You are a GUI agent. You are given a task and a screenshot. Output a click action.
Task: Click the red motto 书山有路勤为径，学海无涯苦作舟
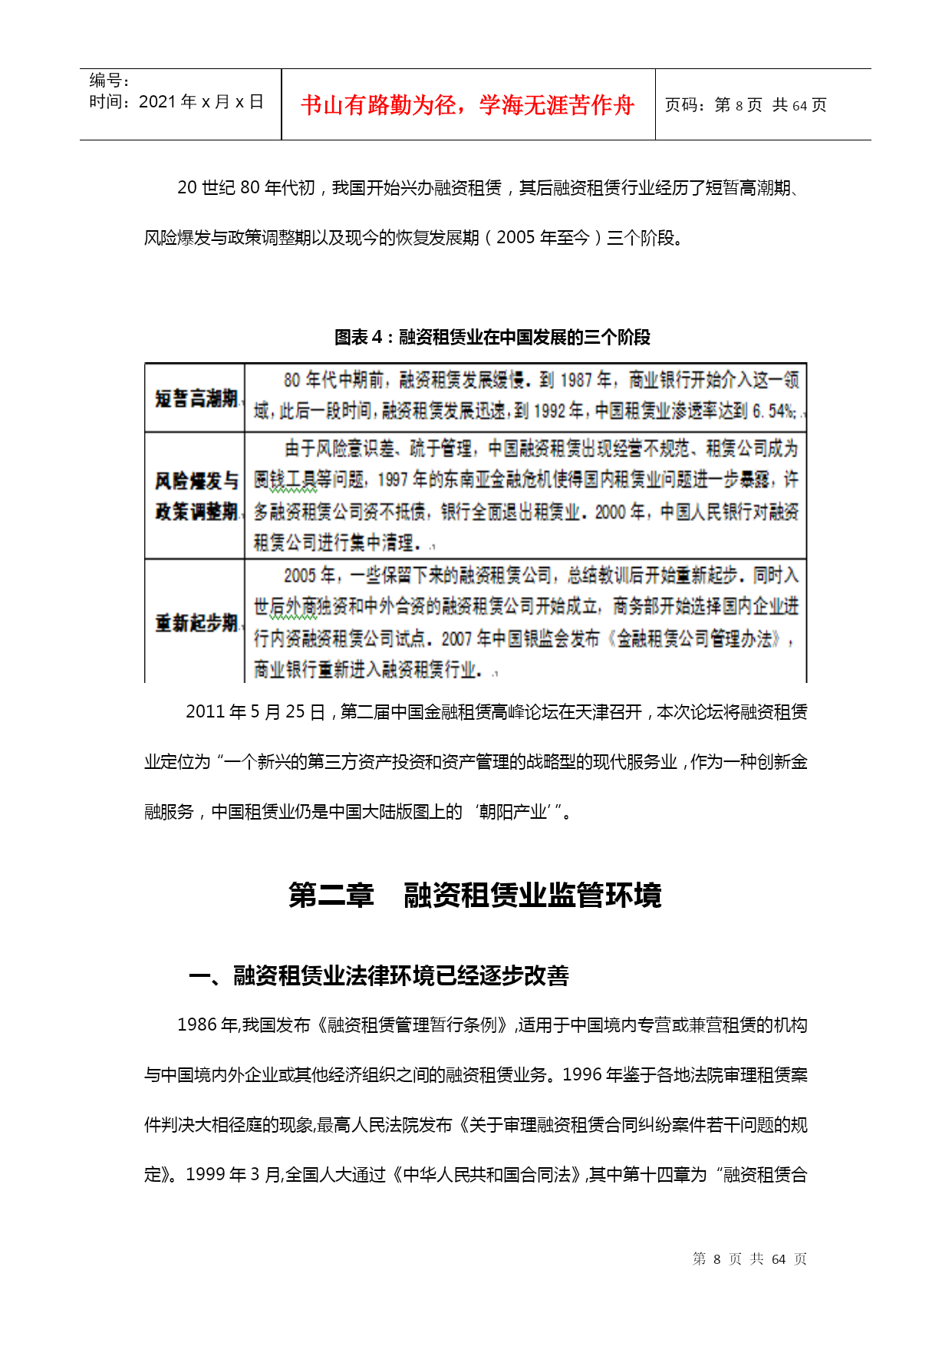coord(467,104)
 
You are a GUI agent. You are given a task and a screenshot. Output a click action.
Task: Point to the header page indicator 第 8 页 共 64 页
coord(746,105)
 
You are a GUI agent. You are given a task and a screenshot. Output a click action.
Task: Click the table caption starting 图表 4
coord(492,337)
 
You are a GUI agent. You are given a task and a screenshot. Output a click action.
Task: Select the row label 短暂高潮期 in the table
coord(196,398)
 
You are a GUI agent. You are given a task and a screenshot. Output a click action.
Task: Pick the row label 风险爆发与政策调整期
coord(196,496)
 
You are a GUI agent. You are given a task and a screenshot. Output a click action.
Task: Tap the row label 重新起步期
coord(196,622)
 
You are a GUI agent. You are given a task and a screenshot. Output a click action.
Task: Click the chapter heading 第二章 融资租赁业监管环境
coord(475,895)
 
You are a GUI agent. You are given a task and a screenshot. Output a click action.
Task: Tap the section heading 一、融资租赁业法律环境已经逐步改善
coord(379,975)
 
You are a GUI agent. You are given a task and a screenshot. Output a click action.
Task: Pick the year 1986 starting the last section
coord(197,1025)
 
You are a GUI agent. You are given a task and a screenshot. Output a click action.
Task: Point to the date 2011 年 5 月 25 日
coord(255,712)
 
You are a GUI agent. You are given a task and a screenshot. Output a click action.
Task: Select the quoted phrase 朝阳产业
coord(512,812)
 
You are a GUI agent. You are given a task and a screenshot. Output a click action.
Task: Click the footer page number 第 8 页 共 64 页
coord(749,1259)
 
